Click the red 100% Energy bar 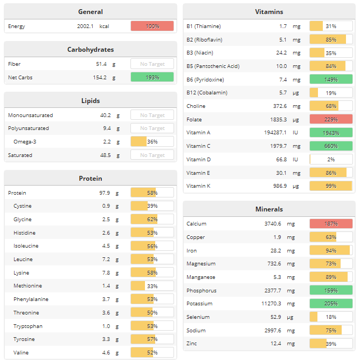click(152, 26)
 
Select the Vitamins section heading click(269, 12)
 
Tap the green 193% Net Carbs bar click(152, 77)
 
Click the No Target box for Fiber click(152, 64)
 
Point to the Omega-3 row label click(25, 142)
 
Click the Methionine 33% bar click(152, 286)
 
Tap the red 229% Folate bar click(331, 119)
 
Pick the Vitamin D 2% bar click(331, 159)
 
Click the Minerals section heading click(269, 209)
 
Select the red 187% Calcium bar click(331, 223)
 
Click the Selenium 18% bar click(331, 317)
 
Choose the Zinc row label click(192, 344)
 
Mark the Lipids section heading click(90, 101)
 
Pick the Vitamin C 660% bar click(331, 146)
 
